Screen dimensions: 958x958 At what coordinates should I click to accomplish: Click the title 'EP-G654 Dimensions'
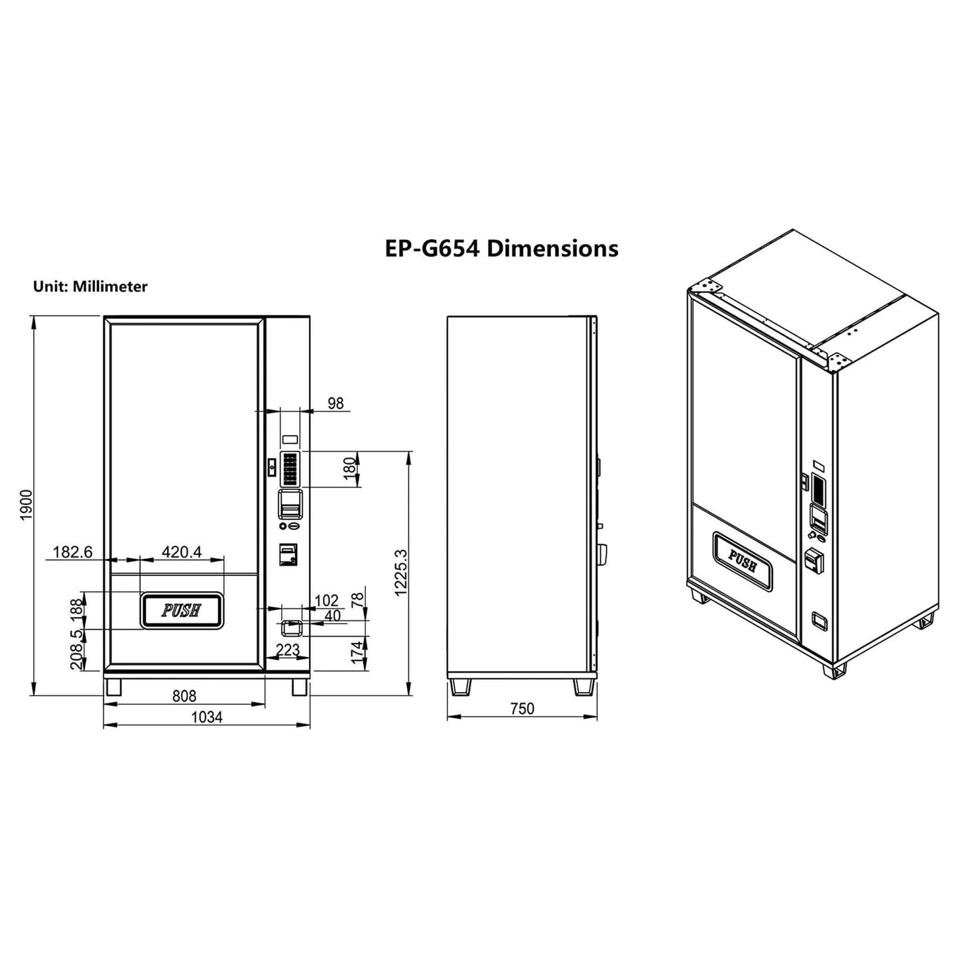pyautogui.click(x=501, y=249)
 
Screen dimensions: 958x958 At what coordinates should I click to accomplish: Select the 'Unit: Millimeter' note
pyautogui.click(x=90, y=286)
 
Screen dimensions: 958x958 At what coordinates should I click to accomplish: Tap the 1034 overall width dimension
pyautogui.click(x=207, y=717)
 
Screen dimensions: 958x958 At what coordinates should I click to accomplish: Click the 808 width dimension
pyautogui.click(x=184, y=695)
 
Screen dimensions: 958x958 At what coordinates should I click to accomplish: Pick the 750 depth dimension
pyautogui.click(x=522, y=709)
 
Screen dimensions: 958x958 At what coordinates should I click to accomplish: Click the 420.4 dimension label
pyautogui.click(x=181, y=552)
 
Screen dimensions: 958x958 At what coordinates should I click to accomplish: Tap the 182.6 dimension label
pyautogui.click(x=72, y=552)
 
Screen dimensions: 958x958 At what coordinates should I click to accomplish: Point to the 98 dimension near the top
pyautogui.click(x=336, y=403)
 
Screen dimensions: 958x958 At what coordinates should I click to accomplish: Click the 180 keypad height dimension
pyautogui.click(x=349, y=469)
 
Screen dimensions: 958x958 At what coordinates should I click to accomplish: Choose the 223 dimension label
pyautogui.click(x=287, y=650)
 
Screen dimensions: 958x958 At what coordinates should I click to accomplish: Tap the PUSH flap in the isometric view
pyautogui.click(x=743, y=561)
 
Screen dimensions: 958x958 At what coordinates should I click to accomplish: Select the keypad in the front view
pyautogui.click(x=290, y=469)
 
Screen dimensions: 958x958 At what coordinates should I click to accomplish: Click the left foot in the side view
pyautogui.click(x=459, y=686)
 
